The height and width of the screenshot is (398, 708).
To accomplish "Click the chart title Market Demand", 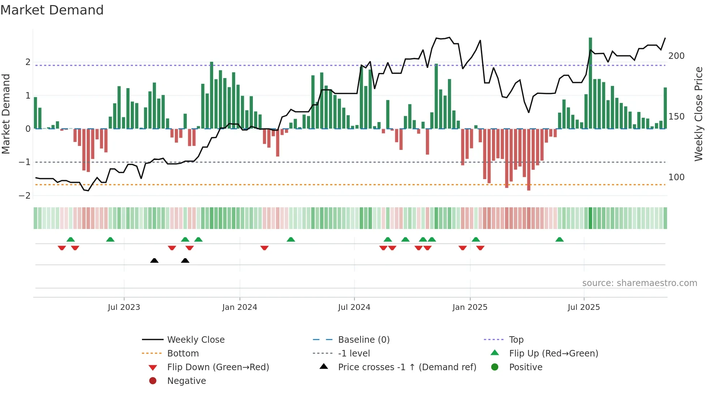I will pos(52,10).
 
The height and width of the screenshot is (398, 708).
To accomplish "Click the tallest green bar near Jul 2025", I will pos(590,83).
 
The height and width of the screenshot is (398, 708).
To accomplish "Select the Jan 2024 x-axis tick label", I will pos(239,307).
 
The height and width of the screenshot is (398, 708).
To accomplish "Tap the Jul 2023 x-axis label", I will pos(124,307).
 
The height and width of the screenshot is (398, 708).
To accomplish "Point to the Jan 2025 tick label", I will pos(470,307).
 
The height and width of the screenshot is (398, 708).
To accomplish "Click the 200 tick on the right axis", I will pos(676,56).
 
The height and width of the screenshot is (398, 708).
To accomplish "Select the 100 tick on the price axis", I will pos(676,177).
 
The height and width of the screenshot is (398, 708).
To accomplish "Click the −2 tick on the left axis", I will pos(25,196).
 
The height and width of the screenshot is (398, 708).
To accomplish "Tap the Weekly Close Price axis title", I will pos(699,114).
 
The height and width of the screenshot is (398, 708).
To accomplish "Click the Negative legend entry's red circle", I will pos(153,381).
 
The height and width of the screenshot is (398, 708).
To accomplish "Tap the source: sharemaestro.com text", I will pos(639,283).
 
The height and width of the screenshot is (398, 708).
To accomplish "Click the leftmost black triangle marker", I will pos(154,260).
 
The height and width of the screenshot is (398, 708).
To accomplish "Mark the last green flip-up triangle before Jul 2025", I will pos(559,239).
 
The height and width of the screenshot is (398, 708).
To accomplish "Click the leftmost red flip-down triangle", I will pos(62,248).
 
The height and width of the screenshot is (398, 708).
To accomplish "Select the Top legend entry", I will pos(516,340).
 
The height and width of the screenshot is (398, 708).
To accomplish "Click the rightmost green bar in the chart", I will pos(665,108).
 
